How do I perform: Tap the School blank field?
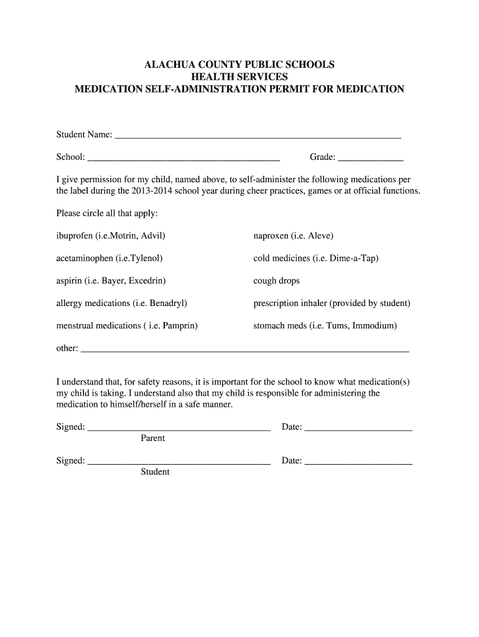[x=184, y=157]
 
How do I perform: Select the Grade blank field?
[x=371, y=157]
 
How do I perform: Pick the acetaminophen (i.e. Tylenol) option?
[x=109, y=258]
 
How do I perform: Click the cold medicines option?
[x=315, y=258]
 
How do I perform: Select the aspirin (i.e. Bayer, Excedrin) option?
[x=111, y=281]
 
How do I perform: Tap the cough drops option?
[x=276, y=281]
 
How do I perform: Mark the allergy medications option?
[x=122, y=303]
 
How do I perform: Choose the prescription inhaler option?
[x=332, y=303]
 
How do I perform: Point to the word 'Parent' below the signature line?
[x=152, y=438]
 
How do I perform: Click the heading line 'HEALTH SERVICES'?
[x=240, y=77]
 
